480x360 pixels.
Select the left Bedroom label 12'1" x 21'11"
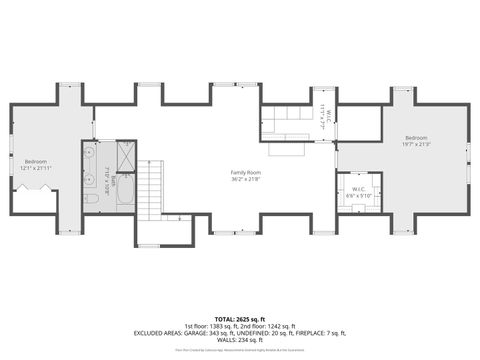[36, 164]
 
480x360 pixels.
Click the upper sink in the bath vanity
[90, 155]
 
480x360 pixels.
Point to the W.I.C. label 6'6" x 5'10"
[359, 192]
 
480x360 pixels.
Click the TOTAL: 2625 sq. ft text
[240, 318]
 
